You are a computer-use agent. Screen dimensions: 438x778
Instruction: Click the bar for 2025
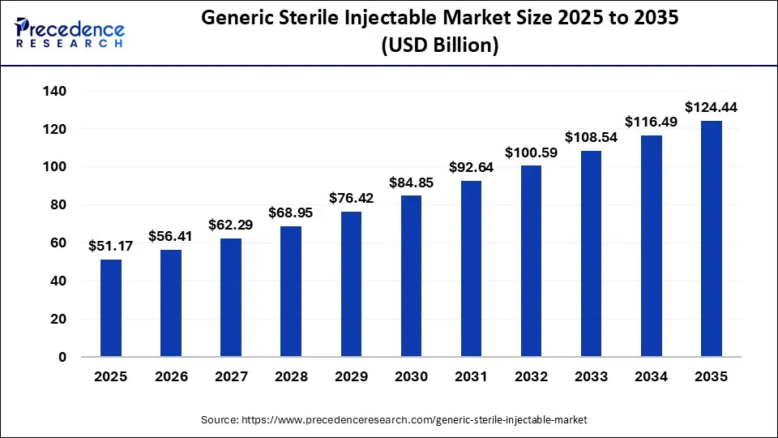click(111, 308)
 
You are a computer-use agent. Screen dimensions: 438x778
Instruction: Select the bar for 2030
click(411, 276)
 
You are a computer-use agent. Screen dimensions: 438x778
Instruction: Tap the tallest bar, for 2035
click(711, 238)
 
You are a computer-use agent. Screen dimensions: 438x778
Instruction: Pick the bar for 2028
click(291, 291)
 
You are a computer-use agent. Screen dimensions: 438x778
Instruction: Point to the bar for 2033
click(591, 254)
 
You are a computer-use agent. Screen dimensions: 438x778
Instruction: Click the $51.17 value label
click(111, 246)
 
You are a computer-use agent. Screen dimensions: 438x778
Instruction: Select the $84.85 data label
click(411, 182)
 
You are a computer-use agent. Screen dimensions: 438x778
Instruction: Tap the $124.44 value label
click(711, 107)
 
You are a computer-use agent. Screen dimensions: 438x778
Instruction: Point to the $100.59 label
click(531, 152)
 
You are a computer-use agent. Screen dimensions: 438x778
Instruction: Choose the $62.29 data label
click(231, 225)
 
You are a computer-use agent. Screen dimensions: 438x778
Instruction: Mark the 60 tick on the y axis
click(58, 243)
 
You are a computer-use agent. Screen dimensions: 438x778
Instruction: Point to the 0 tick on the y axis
click(62, 357)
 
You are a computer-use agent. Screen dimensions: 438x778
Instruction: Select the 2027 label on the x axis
click(231, 377)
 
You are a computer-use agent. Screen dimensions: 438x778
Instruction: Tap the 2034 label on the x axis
click(651, 377)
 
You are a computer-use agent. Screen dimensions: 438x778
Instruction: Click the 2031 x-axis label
click(471, 377)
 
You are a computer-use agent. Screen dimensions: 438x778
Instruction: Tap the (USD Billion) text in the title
click(438, 46)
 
